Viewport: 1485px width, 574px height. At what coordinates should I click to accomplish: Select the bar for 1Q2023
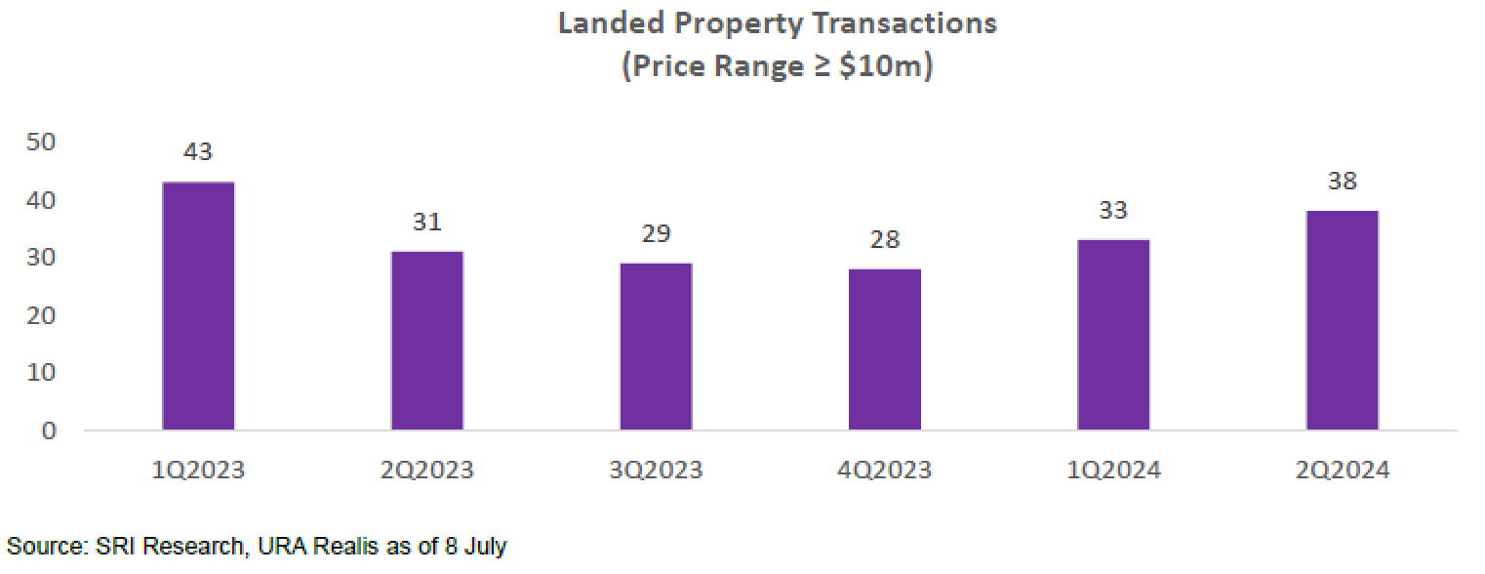tap(199, 306)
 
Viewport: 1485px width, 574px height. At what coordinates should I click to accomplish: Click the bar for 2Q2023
tap(427, 341)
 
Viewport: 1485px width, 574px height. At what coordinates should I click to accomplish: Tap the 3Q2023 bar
tap(656, 347)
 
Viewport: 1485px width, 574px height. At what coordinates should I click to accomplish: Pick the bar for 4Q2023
tap(885, 349)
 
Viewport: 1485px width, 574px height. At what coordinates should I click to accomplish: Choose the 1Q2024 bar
tap(1113, 335)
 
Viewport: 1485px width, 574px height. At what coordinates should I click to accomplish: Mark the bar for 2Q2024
tap(1343, 320)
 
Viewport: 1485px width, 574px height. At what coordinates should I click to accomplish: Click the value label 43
tap(199, 152)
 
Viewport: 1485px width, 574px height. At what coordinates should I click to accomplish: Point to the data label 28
tap(885, 240)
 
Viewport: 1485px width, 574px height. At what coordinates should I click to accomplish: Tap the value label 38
tap(1343, 182)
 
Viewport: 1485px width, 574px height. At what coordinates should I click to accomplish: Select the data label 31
tap(427, 223)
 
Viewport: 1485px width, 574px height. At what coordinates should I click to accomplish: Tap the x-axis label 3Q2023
tap(656, 471)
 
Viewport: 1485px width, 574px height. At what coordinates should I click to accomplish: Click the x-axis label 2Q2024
tap(1343, 471)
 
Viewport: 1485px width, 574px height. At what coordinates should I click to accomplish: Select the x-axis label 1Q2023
tap(199, 471)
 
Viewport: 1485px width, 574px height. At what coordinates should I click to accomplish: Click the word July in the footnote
tap(485, 547)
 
